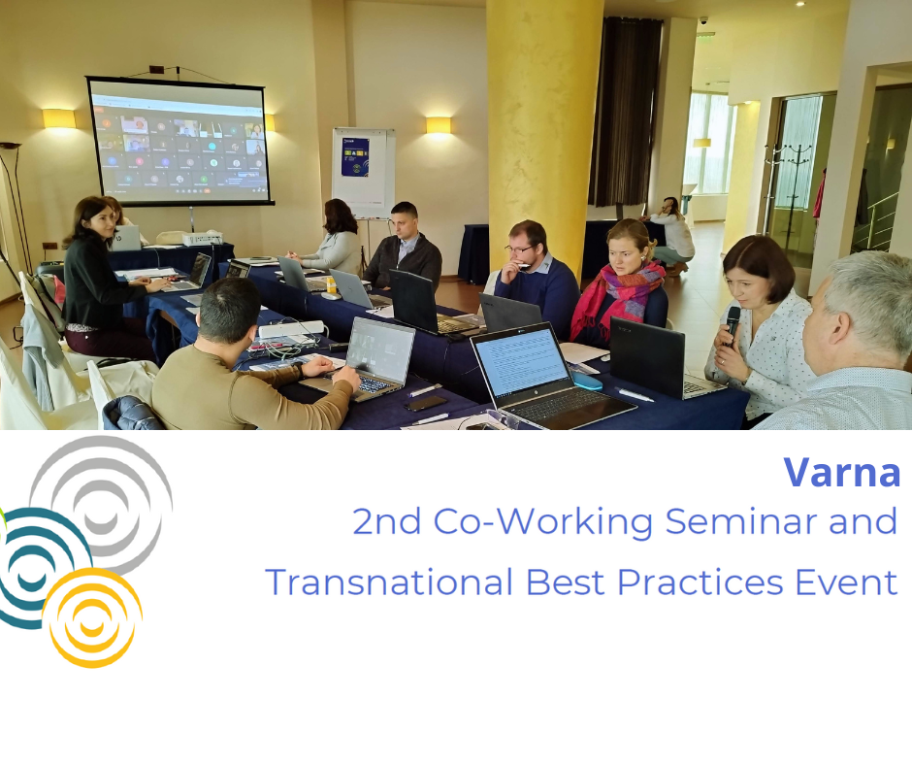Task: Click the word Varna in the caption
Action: click(841, 473)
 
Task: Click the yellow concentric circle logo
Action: click(93, 617)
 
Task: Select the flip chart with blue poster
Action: click(363, 170)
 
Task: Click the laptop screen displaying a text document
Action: click(520, 364)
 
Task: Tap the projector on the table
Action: click(202, 237)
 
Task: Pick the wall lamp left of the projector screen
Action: click(58, 118)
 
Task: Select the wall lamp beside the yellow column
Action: click(439, 124)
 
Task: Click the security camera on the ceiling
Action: click(703, 19)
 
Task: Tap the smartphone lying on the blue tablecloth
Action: click(426, 402)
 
